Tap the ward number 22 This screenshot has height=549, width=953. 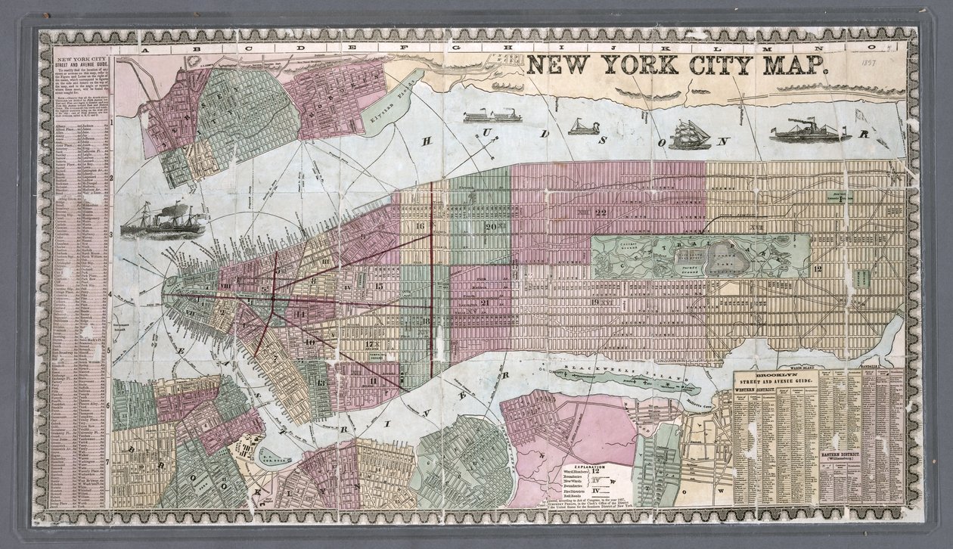601,212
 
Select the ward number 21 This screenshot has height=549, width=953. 484,302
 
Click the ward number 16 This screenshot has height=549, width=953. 420,226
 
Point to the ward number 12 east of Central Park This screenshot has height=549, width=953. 818,268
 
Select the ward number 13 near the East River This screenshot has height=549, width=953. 321,383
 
